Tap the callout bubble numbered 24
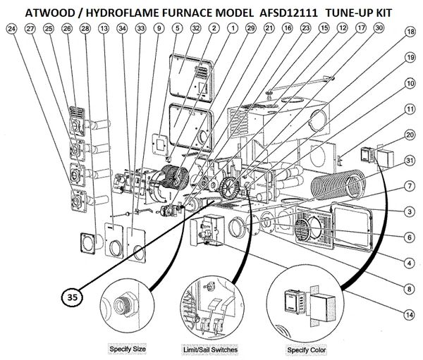click(x=11, y=29)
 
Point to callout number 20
click(x=409, y=134)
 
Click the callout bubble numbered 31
click(x=409, y=161)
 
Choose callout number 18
click(x=409, y=32)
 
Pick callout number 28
click(x=85, y=29)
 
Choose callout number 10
click(x=409, y=83)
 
